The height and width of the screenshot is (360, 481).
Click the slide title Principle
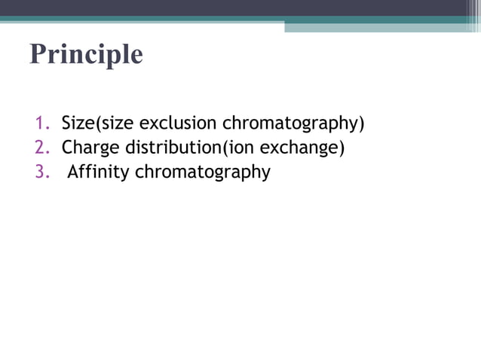(86, 55)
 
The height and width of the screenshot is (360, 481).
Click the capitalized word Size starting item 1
(75, 123)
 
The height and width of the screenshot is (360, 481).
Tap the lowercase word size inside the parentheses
(109, 123)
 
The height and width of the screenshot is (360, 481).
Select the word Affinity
(99, 172)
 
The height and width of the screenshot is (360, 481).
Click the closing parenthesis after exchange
(342, 148)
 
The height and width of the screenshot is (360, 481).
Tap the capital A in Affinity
(73, 172)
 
